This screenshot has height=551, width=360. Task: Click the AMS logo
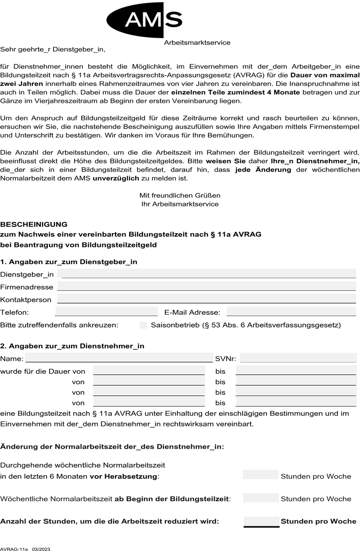pyautogui.click(x=145, y=20)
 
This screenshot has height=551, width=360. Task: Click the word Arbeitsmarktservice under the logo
pyautogui.click(x=197, y=43)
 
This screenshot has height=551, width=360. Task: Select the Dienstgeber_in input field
pyautogui.click(x=207, y=274)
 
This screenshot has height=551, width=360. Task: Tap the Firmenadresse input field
pyautogui.click(x=207, y=286)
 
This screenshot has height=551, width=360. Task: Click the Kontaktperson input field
pyautogui.click(x=207, y=299)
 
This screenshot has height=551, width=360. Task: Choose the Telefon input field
pyautogui.click(x=106, y=312)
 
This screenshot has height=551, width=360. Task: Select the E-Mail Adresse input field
pyautogui.click(x=291, y=312)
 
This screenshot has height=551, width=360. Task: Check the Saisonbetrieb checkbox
pyautogui.click(x=143, y=325)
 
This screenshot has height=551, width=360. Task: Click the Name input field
pyautogui.click(x=119, y=358)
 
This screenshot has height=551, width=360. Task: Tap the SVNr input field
pyautogui.click(x=298, y=358)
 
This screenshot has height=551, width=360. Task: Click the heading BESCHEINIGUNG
pyautogui.click(x=34, y=224)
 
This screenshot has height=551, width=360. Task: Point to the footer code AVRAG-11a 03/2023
pyautogui.click(x=25, y=549)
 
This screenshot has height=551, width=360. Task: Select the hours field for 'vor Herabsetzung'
pyautogui.click(x=261, y=475)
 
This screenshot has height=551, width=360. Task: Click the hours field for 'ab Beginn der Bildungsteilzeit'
pyautogui.click(x=261, y=497)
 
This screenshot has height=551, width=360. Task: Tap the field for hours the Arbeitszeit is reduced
pyautogui.click(x=262, y=521)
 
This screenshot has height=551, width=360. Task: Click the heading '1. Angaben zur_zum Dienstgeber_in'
pyautogui.click(x=69, y=262)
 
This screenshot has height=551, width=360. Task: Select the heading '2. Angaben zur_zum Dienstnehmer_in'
pyautogui.click(x=72, y=346)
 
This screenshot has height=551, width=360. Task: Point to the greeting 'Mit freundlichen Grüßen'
pyautogui.click(x=180, y=195)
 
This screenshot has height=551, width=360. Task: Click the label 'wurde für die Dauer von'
pyautogui.click(x=43, y=371)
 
